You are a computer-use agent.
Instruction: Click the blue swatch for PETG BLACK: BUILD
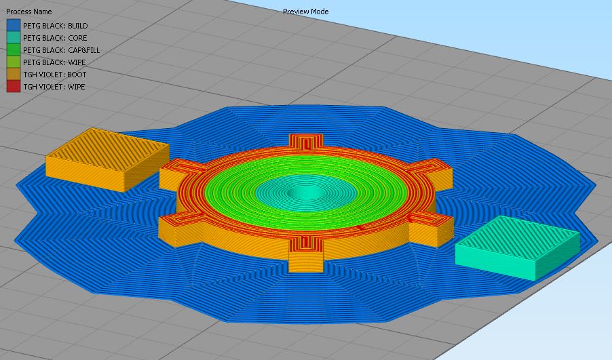click(x=14, y=25)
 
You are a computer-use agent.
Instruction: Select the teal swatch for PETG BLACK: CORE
click(x=14, y=37)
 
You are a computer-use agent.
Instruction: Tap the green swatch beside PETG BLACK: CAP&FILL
click(x=14, y=49)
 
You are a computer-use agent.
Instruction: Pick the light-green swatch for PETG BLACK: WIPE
click(x=14, y=62)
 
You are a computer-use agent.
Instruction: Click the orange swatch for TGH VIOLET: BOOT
click(x=14, y=74)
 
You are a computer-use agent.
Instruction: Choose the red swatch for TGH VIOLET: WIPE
click(x=14, y=86)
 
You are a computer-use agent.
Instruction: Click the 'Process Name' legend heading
click(x=29, y=12)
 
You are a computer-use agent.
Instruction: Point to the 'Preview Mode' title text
click(x=305, y=12)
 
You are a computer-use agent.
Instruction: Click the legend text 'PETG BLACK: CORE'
click(x=55, y=38)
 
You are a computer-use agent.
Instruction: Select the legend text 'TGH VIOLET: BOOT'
click(x=55, y=75)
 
